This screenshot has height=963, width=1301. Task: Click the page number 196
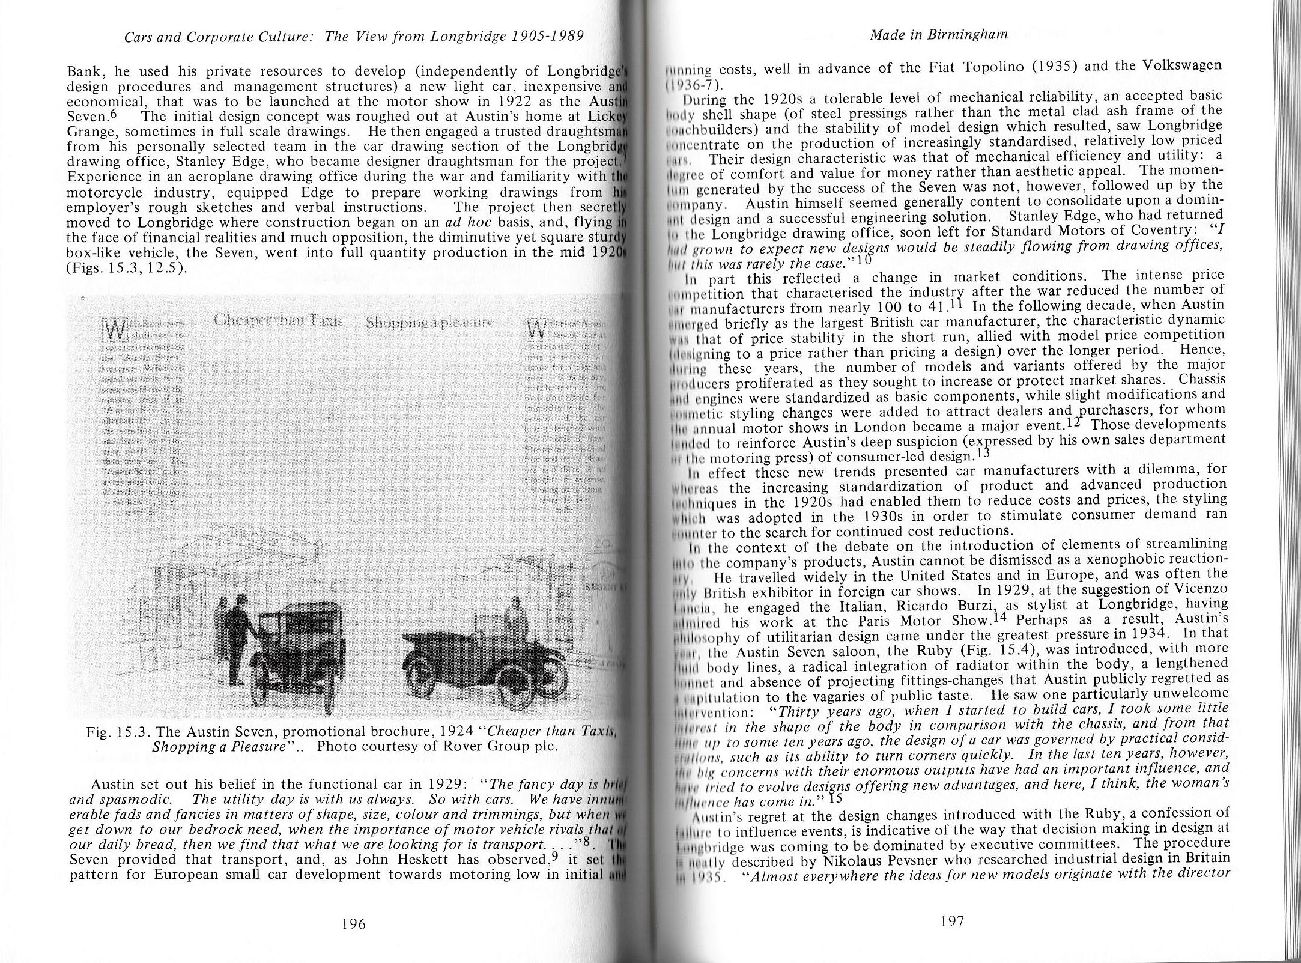click(x=353, y=923)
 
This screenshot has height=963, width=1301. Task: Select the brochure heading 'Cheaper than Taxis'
click(x=278, y=321)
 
